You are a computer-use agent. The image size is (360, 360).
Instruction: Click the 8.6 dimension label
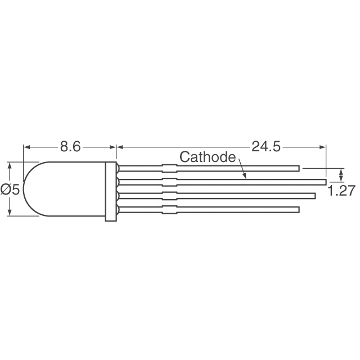pyautogui.click(x=71, y=147)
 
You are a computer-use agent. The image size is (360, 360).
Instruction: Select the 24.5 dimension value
pyautogui.click(x=265, y=147)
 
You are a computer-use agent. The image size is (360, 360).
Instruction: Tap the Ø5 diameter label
pyautogui.click(x=11, y=190)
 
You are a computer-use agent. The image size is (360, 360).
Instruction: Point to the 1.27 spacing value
pyautogui.click(x=341, y=191)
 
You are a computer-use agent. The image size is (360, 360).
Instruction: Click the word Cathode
pyautogui.click(x=207, y=157)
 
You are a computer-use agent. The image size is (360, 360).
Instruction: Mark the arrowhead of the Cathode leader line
pyautogui.click(x=246, y=178)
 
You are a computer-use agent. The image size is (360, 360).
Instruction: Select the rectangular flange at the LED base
pyautogui.click(x=111, y=190)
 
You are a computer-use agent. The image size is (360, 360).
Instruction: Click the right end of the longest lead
pyautogui.click(x=325, y=181)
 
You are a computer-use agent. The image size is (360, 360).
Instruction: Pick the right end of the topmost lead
pyautogui.click(x=298, y=168)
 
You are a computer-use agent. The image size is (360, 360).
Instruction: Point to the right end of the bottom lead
pyautogui.click(x=298, y=209)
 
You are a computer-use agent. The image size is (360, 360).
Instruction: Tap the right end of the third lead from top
pyautogui.click(x=314, y=195)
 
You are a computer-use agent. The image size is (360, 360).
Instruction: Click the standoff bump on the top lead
pyautogui.click(x=169, y=168)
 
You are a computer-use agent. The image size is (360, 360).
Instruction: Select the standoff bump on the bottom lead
pyautogui.click(x=169, y=209)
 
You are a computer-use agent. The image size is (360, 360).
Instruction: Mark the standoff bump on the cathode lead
pyautogui.click(x=169, y=181)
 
